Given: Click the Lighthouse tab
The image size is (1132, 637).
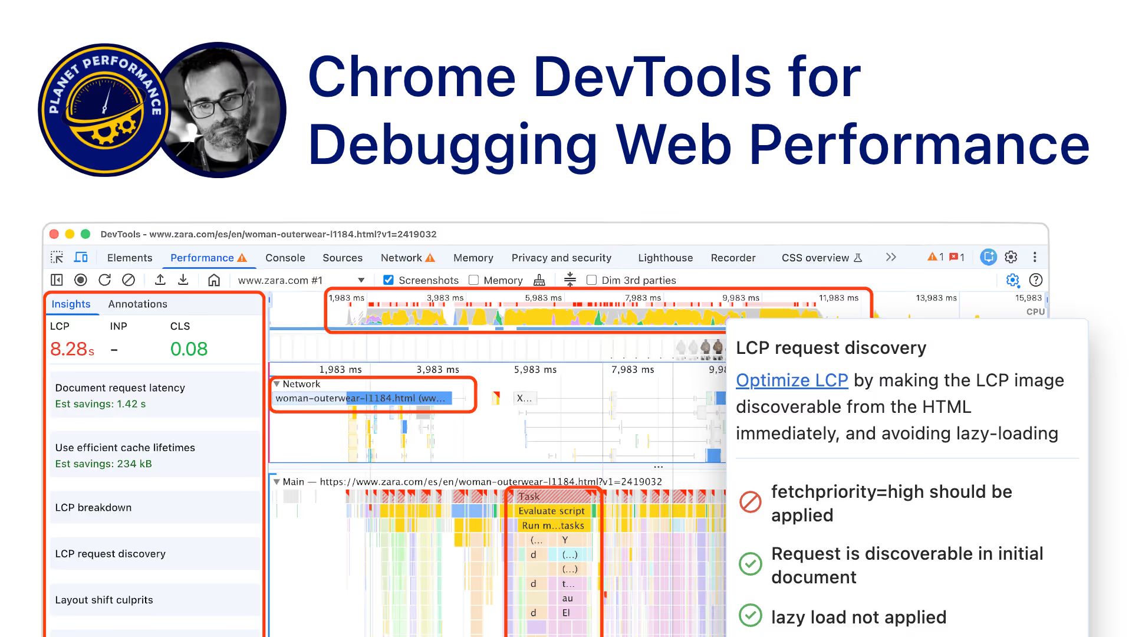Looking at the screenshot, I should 665,258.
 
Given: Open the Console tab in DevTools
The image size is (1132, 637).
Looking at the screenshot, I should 285,258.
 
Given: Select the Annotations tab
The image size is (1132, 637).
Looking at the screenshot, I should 137,304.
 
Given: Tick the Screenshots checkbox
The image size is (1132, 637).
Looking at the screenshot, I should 389,280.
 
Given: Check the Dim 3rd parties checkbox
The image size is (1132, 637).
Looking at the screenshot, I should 591,280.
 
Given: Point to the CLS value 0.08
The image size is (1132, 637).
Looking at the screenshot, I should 189,349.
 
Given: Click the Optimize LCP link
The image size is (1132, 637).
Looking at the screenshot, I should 792,380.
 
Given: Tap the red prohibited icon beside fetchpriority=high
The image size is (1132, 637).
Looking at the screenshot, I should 751,502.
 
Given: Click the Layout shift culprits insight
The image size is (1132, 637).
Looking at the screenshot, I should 104,600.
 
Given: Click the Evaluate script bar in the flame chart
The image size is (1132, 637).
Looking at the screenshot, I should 551,511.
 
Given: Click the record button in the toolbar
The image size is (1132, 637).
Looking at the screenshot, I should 81,280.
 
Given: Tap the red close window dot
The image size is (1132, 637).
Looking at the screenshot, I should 54,234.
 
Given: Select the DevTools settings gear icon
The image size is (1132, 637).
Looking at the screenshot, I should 1011,257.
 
